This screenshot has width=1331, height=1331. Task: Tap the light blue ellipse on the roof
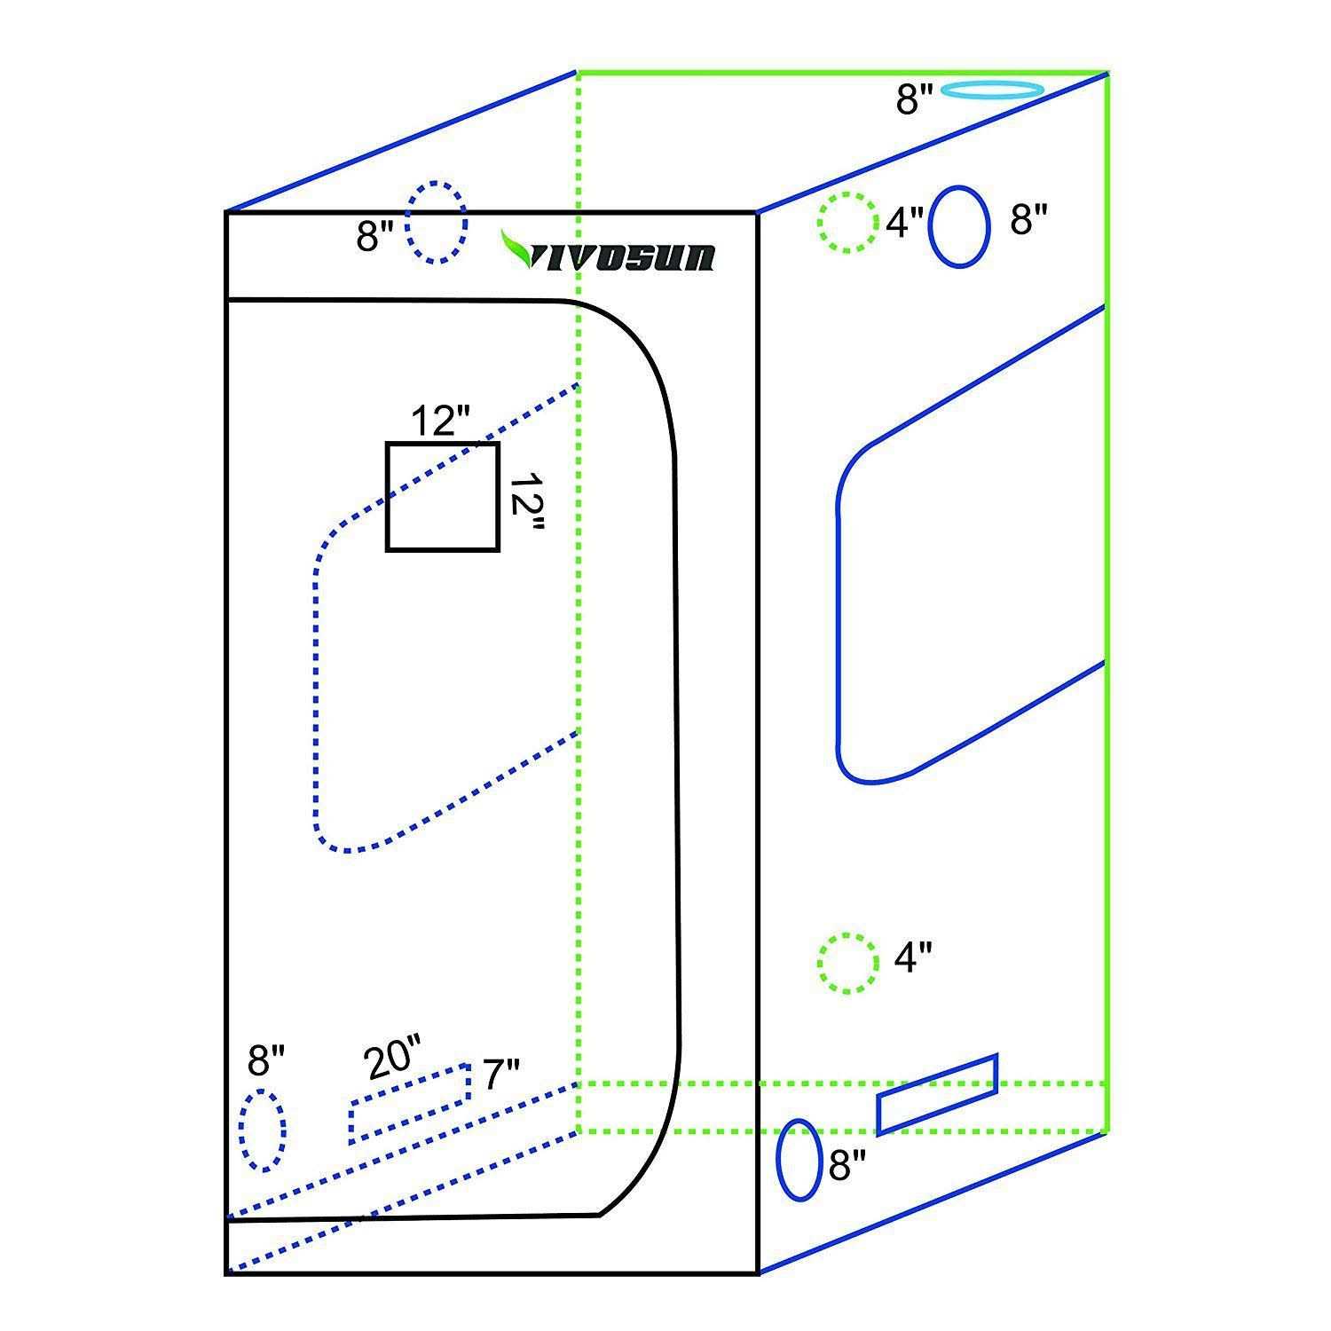(990, 90)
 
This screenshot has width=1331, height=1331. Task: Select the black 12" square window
(443, 497)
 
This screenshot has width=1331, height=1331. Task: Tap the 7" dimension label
(501, 1075)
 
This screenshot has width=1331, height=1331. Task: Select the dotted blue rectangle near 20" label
(409, 1103)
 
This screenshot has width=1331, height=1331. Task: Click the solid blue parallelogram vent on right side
(937, 1093)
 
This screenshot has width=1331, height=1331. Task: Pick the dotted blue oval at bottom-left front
(262, 1130)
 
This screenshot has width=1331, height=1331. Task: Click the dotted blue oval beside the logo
(436, 223)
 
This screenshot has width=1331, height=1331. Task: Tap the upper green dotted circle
(846, 223)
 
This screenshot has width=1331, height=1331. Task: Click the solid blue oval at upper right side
(959, 226)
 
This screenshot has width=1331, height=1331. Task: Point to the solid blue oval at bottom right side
(798, 1161)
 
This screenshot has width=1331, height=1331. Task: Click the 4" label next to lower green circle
(913, 958)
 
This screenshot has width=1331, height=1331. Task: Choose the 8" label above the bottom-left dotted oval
(266, 1059)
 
